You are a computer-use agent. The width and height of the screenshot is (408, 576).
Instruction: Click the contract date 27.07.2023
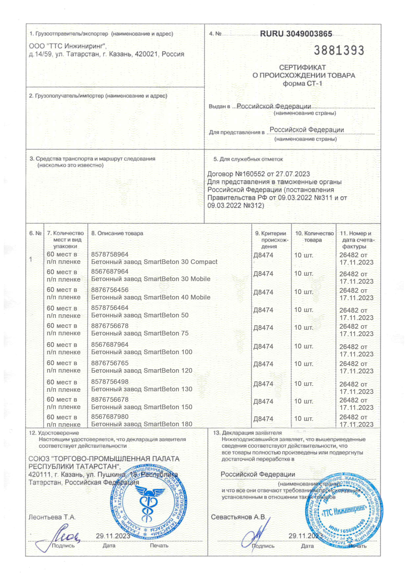click(293, 174)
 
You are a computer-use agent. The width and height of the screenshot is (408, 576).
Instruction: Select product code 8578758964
click(110, 254)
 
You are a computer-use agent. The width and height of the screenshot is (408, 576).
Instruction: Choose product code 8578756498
click(110, 382)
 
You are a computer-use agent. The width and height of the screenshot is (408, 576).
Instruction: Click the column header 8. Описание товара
click(117, 233)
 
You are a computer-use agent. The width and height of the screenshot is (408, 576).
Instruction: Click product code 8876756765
click(110, 363)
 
